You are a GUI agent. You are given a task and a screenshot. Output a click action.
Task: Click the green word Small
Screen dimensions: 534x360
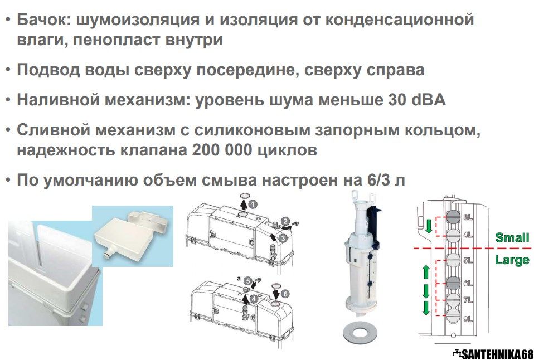(x=512, y=237)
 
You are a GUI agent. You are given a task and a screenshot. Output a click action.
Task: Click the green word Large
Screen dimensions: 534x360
(x=512, y=261)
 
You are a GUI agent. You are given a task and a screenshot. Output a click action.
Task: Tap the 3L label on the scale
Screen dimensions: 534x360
(x=468, y=217)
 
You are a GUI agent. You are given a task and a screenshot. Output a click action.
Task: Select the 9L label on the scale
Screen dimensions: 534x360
(x=468, y=319)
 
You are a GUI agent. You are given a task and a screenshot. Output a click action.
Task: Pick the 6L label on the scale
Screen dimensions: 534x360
(x=468, y=283)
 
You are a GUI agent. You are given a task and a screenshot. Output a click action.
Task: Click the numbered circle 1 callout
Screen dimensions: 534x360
(x=253, y=205)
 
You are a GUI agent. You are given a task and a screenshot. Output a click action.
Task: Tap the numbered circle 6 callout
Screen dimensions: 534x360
(x=285, y=294)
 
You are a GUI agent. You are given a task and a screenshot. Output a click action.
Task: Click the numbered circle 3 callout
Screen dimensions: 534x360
(x=283, y=239)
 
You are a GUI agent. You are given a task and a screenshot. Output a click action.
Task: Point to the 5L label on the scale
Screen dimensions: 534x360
(x=468, y=260)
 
